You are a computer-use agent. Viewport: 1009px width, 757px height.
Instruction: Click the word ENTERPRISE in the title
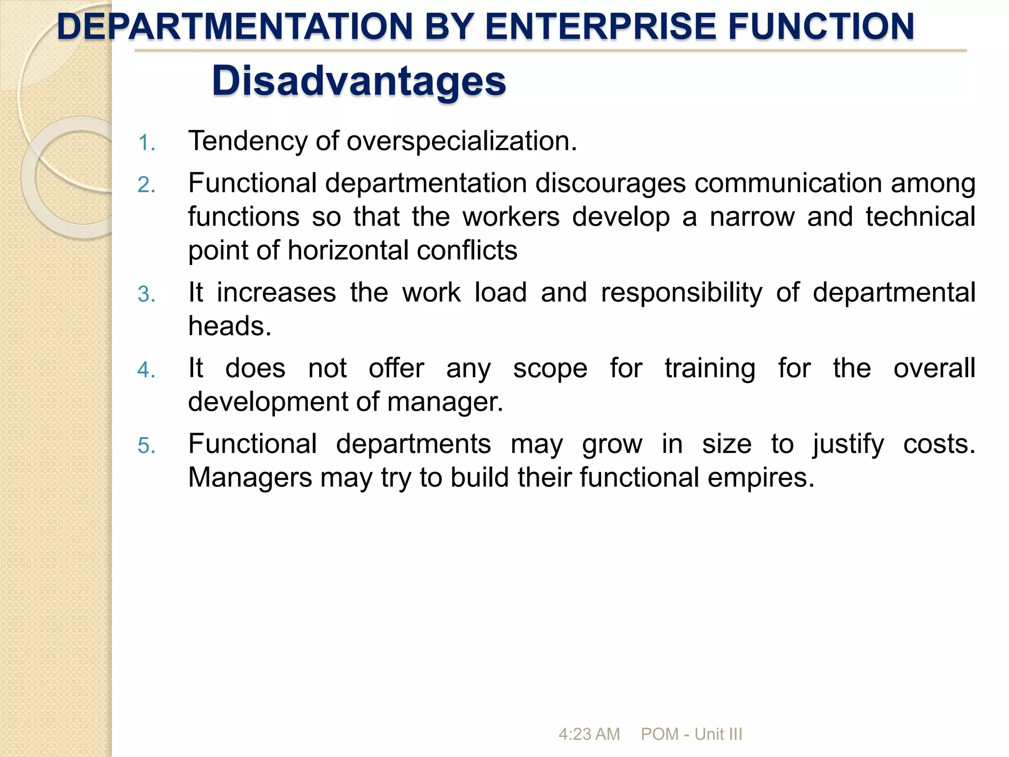coord(601,27)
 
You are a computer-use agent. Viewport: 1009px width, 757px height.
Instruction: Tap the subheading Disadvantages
coord(359,81)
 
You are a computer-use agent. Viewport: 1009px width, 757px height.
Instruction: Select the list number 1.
coord(146,143)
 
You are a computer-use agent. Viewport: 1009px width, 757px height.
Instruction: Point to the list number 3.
coord(146,294)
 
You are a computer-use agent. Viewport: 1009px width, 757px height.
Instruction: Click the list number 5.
coord(146,446)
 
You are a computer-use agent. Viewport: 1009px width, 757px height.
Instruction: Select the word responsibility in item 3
coord(681,293)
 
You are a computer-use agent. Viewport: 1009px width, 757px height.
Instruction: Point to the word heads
coord(230,326)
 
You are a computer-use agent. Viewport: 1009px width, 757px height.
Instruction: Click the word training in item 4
coord(709,369)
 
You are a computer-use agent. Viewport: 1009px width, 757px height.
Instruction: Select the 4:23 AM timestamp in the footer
coord(589,734)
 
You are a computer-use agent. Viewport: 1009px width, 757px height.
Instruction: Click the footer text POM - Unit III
coord(691,734)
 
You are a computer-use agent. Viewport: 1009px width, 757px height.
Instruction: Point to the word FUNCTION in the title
coord(821,27)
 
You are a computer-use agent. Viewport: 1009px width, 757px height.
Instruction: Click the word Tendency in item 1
coord(248,141)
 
